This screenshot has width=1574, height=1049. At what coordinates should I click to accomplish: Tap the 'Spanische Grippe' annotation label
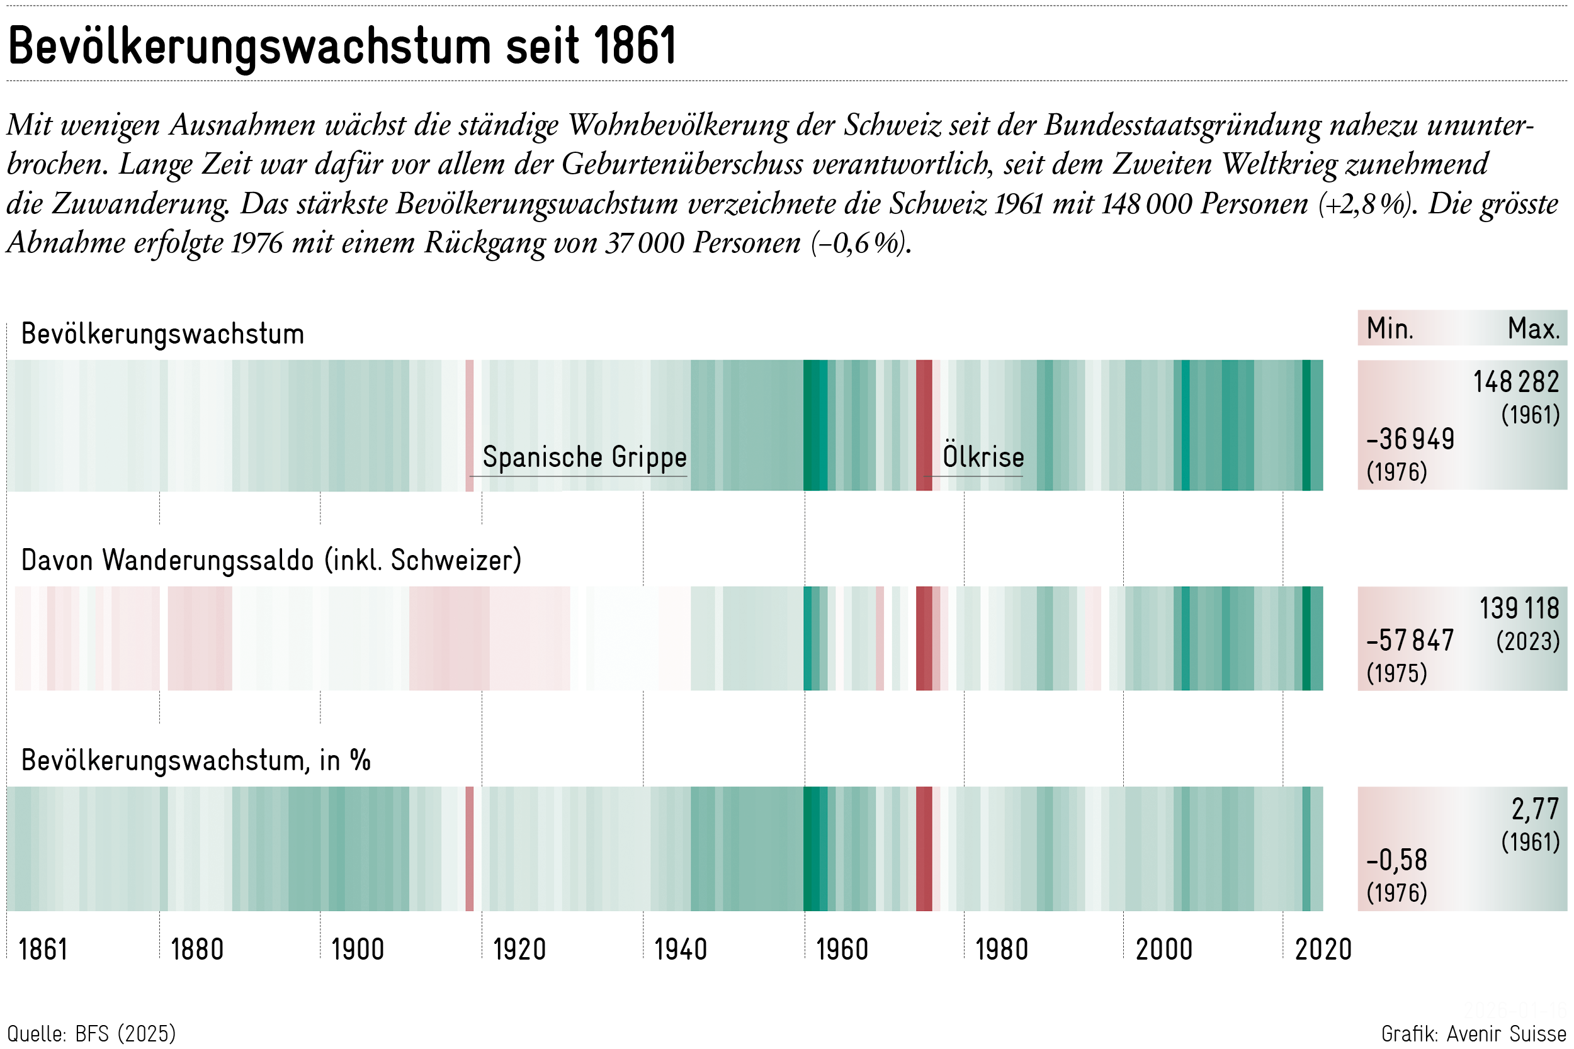coord(584,457)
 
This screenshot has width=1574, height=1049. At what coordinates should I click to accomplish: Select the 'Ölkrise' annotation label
coord(982,457)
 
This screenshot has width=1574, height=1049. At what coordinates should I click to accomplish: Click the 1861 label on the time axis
coord(43,950)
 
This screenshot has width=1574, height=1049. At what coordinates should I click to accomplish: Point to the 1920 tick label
coord(519,950)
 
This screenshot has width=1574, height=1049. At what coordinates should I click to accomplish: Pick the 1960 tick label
coord(841,950)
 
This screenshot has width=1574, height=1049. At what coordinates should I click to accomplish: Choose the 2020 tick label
coord(1322,950)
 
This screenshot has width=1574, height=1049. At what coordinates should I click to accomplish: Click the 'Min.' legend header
coord(1390,328)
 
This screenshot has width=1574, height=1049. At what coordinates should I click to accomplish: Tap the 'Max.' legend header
coord(1533,328)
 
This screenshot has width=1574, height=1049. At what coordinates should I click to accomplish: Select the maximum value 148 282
coord(1516,382)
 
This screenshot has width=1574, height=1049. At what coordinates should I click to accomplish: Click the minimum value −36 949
coord(1410,439)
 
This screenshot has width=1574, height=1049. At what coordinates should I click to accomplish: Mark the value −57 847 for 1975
coord(1410,641)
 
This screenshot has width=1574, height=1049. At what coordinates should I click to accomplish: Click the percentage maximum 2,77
coord(1535,809)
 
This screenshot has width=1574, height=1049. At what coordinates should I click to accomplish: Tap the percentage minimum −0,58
coord(1396,860)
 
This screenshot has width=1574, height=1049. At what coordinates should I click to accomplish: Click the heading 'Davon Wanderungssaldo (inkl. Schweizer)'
coord(271,560)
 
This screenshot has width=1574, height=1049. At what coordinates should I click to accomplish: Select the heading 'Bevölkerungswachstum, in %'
coord(195,761)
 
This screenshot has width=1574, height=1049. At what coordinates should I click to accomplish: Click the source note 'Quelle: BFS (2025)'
coord(92,1034)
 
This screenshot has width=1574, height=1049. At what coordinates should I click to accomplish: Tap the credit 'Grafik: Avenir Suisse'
coord(1474,1034)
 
